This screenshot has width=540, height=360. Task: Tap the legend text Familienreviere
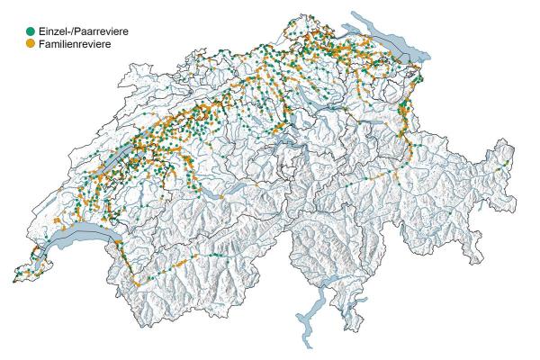tap(74, 43)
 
